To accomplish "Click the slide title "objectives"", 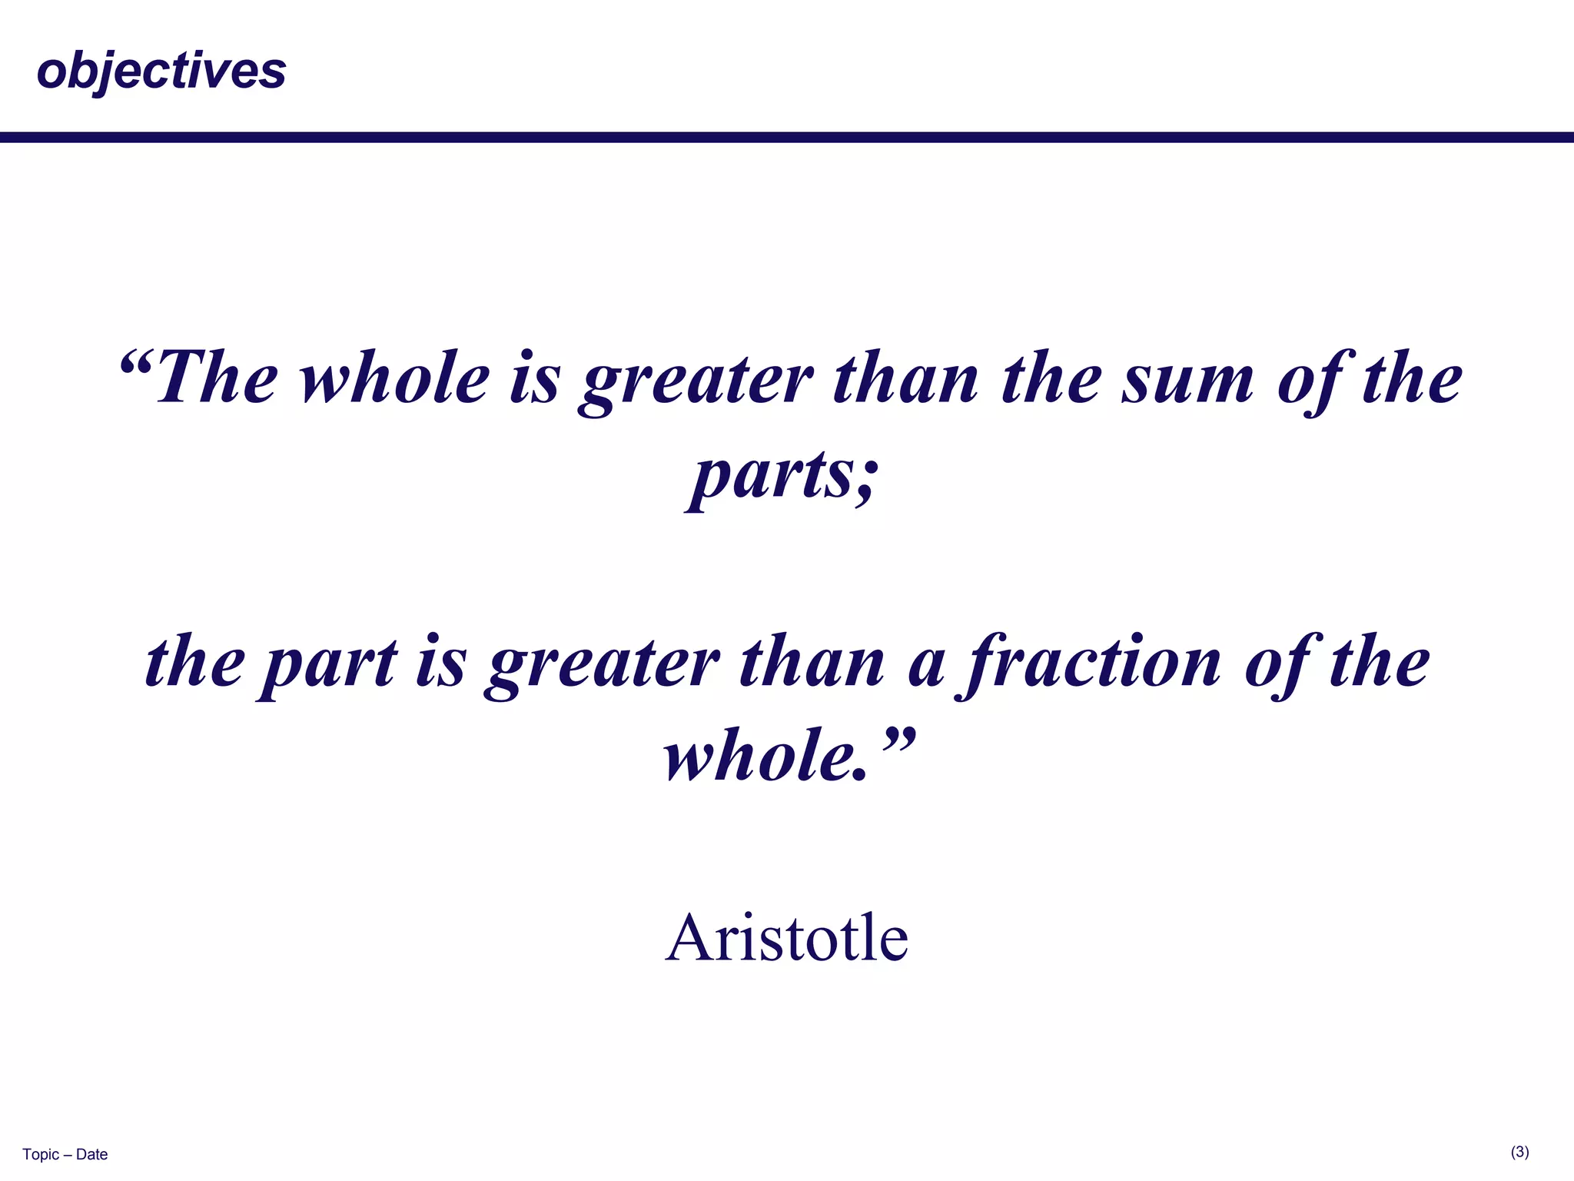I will point(161,71).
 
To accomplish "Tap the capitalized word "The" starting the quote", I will point(216,378).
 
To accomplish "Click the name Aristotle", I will point(786,937).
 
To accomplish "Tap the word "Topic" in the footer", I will point(40,1154).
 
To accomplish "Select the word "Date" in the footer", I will point(92,1154).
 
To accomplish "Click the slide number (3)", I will point(1519,1152).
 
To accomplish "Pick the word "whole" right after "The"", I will point(394,378).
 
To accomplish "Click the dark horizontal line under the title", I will point(787,138).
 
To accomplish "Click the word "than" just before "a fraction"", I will point(812,663).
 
